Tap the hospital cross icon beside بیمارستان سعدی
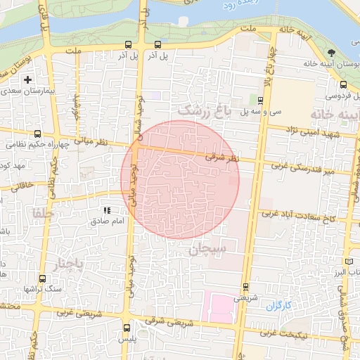click(27, 80)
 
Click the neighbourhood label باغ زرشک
click(203, 110)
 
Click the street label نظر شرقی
click(223, 160)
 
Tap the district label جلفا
click(42, 212)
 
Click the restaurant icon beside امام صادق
click(107, 210)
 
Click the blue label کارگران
click(278, 306)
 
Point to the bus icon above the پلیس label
click(127, 327)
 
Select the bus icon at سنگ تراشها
click(43, 278)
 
